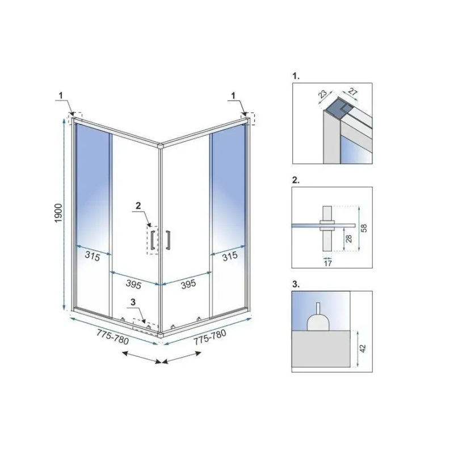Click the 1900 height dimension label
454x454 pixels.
[x=58, y=213]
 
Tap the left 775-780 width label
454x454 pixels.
[x=112, y=337]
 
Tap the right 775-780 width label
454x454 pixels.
[x=209, y=337]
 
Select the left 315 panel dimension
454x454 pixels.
[x=93, y=256]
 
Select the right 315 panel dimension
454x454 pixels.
[x=230, y=256]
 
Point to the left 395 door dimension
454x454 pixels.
[x=133, y=284]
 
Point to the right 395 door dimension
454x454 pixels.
[x=188, y=284]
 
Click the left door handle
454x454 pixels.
[x=153, y=239]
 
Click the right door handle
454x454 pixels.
[x=167, y=239]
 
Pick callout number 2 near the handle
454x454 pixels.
[x=138, y=205]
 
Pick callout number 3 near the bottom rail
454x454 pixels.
[x=133, y=302]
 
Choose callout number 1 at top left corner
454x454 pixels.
[x=61, y=95]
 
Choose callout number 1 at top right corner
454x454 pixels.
[x=233, y=95]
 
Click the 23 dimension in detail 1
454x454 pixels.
[x=322, y=93]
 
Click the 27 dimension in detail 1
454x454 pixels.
[x=352, y=92]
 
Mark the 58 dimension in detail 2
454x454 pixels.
[x=364, y=228]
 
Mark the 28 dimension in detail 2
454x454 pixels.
[x=349, y=238]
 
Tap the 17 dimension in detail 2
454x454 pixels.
[x=328, y=263]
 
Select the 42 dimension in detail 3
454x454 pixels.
[x=363, y=348]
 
